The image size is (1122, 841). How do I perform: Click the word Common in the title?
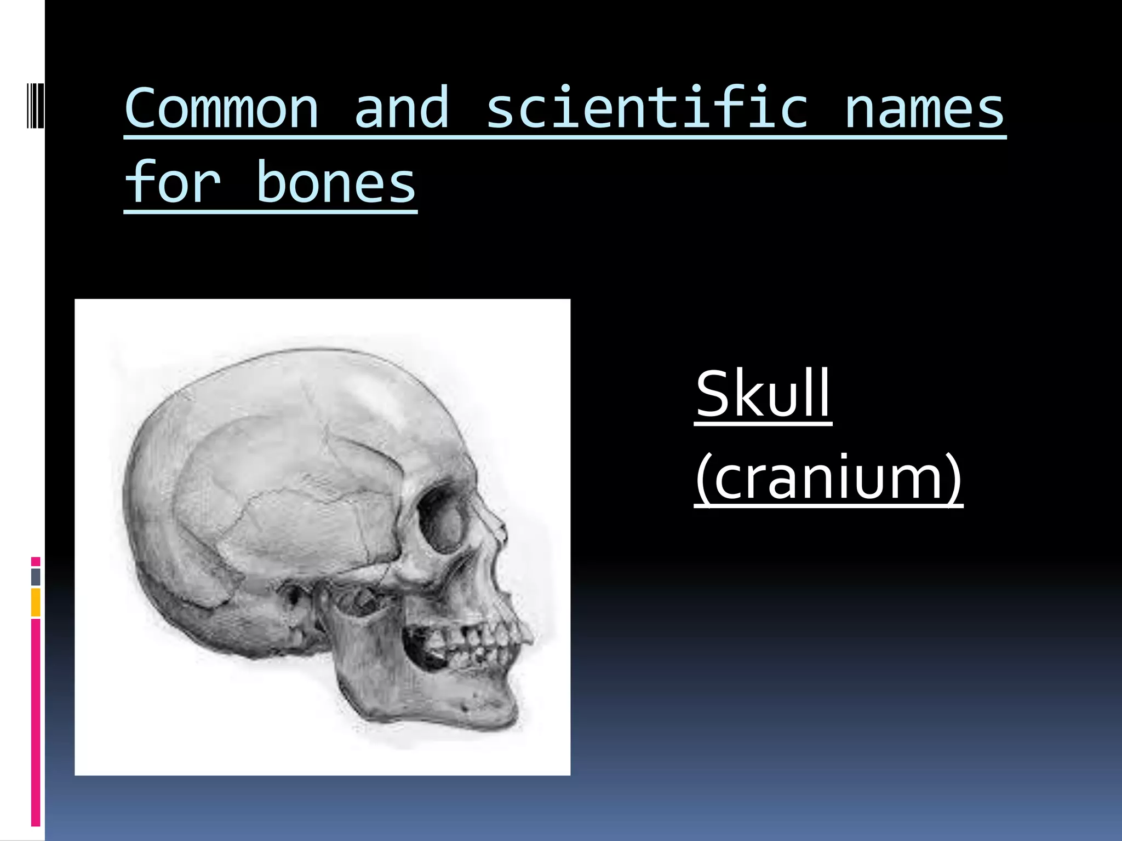pos(221,109)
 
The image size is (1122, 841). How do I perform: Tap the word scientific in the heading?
pos(646,109)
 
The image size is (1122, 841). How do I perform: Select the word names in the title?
pos(924,109)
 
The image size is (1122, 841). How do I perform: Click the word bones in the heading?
pos(336,183)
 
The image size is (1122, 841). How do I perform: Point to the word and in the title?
pos(402,109)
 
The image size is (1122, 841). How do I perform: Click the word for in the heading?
pos(173,183)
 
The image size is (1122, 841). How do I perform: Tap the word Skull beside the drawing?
pos(763,394)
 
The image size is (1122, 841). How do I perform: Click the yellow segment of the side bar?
pos(36,602)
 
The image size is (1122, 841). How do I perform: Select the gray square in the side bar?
pos(36,577)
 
